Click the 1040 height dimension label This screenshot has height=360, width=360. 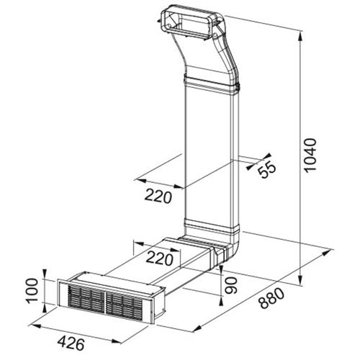(310, 155)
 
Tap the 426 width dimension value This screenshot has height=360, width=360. (71, 343)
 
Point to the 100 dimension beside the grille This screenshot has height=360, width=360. (32, 291)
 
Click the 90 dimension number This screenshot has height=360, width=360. (231, 285)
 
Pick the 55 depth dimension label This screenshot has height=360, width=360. (267, 168)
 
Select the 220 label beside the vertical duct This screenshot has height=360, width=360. (158, 196)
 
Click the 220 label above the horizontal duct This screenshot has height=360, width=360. (160, 258)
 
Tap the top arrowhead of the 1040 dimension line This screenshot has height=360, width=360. (300, 37)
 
